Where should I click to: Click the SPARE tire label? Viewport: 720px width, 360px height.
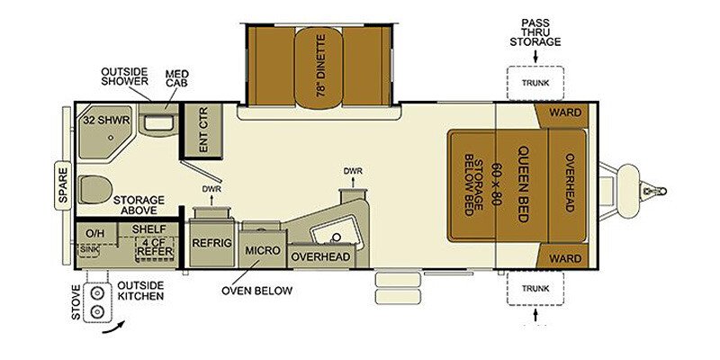[x=63, y=186]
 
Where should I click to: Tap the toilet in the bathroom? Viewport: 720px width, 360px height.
[x=95, y=189]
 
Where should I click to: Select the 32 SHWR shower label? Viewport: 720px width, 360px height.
[x=106, y=120]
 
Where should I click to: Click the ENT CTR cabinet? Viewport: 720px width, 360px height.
[x=203, y=130]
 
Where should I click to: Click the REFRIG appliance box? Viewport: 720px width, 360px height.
[x=211, y=243]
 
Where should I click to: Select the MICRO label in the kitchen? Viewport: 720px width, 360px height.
[x=262, y=251]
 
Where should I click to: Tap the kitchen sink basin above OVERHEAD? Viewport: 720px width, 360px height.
[x=333, y=234]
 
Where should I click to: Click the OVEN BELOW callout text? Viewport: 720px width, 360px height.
[x=256, y=290]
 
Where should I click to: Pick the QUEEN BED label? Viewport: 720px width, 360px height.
[x=523, y=184]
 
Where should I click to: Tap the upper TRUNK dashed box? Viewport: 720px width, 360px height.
[x=535, y=83]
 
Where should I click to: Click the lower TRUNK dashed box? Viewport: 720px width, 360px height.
[x=535, y=288]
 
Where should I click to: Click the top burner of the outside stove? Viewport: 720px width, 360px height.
[x=97, y=293]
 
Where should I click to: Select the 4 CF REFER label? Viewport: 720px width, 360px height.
[x=155, y=247]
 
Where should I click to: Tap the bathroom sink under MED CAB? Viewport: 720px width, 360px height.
[x=158, y=123]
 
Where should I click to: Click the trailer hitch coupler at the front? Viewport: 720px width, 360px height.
[x=655, y=190]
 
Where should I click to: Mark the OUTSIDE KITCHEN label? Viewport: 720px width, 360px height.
[x=140, y=290]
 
